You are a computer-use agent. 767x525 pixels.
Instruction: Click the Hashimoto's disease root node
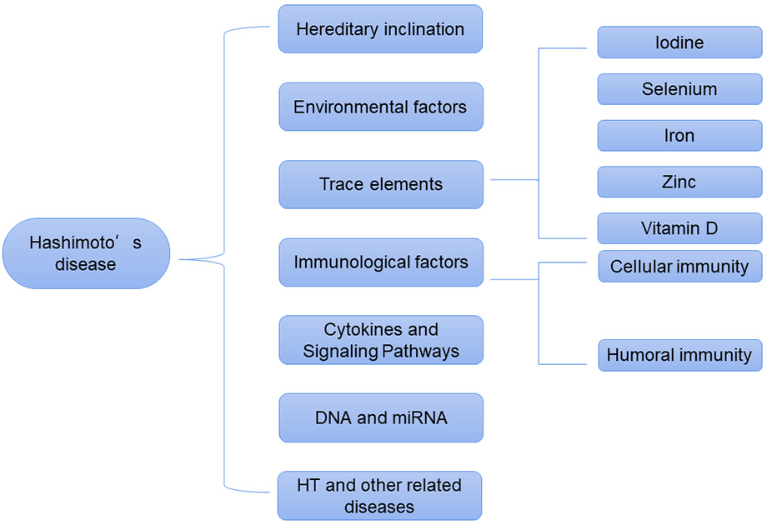[86, 253]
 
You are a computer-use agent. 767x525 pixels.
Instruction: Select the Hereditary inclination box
[380, 29]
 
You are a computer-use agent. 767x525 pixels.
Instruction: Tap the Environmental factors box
[380, 107]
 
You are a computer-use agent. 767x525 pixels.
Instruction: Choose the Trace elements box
[380, 184]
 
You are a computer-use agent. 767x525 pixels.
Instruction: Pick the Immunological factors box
[380, 262]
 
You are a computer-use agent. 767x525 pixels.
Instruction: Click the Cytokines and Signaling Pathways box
[380, 340]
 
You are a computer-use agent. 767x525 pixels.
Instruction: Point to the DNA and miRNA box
[380, 417]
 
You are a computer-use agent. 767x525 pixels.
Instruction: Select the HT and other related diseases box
[380, 496]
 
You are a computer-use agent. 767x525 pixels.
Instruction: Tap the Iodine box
[679, 42]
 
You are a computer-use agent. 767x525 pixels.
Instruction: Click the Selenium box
[679, 89]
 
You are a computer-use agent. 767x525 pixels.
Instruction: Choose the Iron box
[679, 136]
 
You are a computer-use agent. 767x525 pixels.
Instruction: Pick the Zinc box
[679, 182]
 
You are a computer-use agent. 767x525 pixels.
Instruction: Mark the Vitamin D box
[679, 228]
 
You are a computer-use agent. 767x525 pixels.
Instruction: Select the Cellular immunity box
[679, 267]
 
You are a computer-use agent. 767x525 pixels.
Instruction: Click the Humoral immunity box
[679, 355]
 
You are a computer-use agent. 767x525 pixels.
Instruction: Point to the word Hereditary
[337, 29]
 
